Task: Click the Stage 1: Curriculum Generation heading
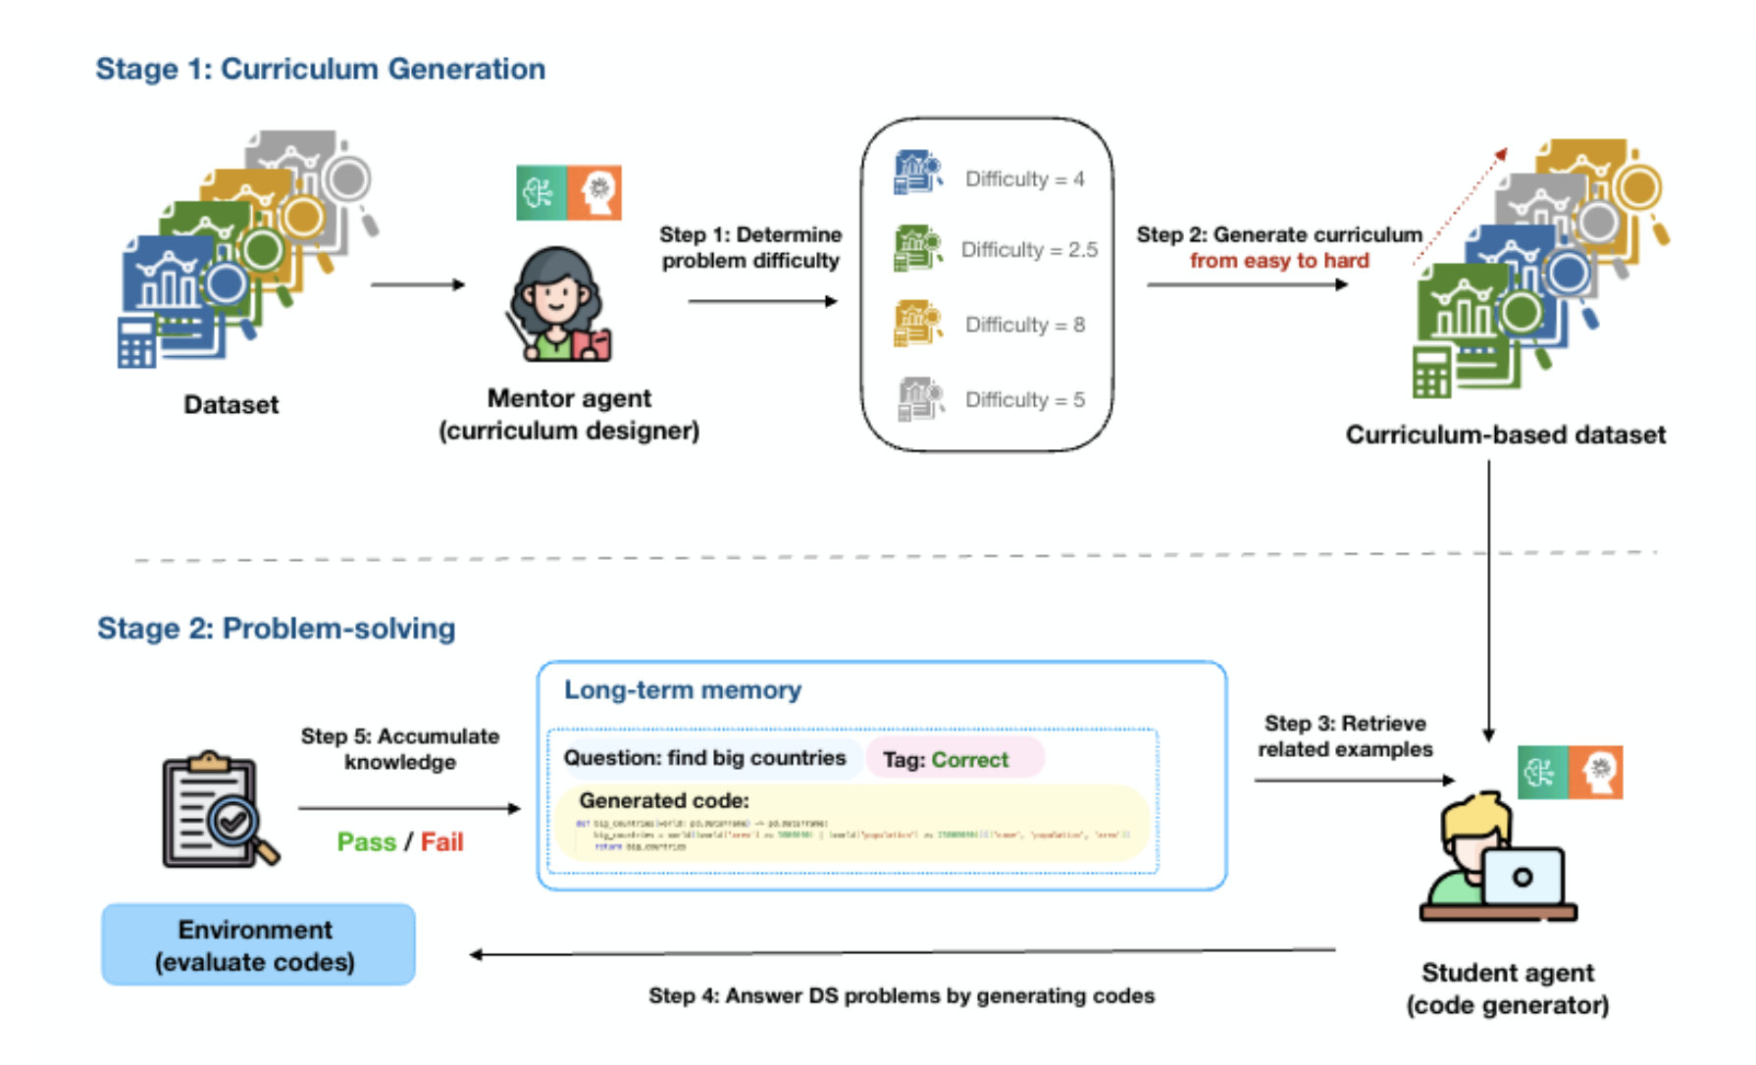(320, 69)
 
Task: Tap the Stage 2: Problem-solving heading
(276, 629)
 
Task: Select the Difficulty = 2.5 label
(1028, 250)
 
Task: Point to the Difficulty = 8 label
(1024, 325)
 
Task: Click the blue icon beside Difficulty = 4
(916, 173)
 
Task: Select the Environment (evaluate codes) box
(258, 945)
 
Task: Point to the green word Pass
(366, 842)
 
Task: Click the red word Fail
(441, 842)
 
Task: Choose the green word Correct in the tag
(969, 760)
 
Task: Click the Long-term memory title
(682, 690)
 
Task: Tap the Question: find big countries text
(703, 758)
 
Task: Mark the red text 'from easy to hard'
(1278, 261)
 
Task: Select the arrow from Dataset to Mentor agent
(417, 285)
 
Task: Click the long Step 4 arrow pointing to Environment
(902, 952)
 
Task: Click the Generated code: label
(663, 801)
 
